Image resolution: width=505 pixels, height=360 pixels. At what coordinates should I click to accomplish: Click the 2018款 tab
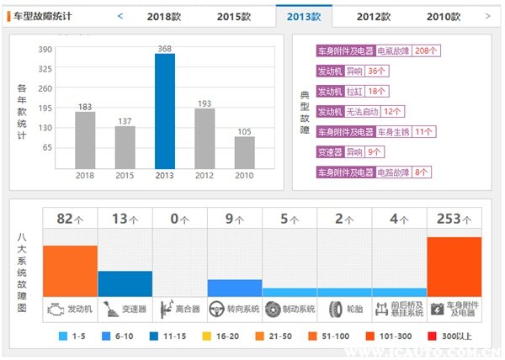tap(165, 16)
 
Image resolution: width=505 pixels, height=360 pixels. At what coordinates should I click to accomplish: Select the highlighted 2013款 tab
tap(304, 16)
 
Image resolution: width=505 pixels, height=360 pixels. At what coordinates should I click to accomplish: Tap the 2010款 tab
tap(444, 16)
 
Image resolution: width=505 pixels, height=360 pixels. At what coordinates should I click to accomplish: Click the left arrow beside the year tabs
tap(120, 16)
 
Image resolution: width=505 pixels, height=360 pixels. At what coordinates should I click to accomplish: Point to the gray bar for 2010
tap(244, 151)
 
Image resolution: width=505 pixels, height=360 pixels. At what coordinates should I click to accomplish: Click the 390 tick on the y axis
tap(45, 50)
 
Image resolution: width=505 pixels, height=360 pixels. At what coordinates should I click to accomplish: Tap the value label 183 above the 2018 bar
tap(85, 106)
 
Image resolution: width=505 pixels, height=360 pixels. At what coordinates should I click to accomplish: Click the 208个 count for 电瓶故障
tap(428, 50)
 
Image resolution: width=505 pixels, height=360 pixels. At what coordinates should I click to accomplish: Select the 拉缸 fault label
tap(353, 91)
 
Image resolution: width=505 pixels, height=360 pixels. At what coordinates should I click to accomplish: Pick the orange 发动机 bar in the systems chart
tap(70, 269)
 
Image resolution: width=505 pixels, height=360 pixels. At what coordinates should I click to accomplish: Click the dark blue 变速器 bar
tap(125, 283)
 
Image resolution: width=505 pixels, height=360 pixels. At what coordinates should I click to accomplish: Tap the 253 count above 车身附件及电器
tap(449, 219)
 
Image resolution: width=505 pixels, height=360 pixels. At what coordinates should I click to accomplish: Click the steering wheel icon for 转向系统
tap(215, 309)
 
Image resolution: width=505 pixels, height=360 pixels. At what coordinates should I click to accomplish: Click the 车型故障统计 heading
tap(48, 16)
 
